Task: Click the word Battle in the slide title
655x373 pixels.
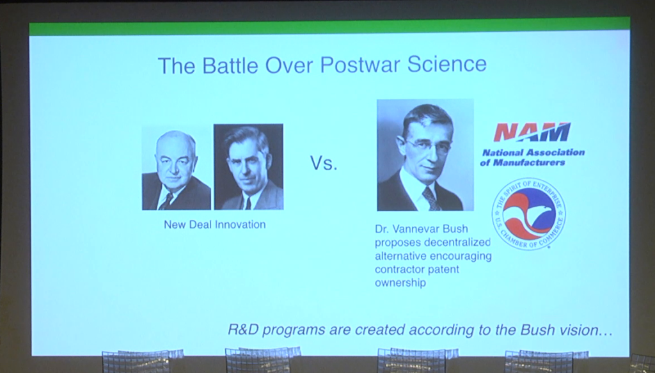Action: pos(230,65)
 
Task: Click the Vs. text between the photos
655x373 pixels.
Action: pos(324,163)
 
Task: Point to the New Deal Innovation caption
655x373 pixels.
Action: pos(215,225)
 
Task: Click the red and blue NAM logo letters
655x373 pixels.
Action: pos(532,132)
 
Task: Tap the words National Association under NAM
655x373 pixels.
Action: pos(533,152)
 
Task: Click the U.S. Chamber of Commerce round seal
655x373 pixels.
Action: pos(528,214)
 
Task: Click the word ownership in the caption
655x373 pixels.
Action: pos(400,283)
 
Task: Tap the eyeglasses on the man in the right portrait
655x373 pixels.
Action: pos(428,145)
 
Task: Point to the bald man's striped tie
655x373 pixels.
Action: pos(166,202)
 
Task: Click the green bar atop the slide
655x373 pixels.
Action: pos(329,27)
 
